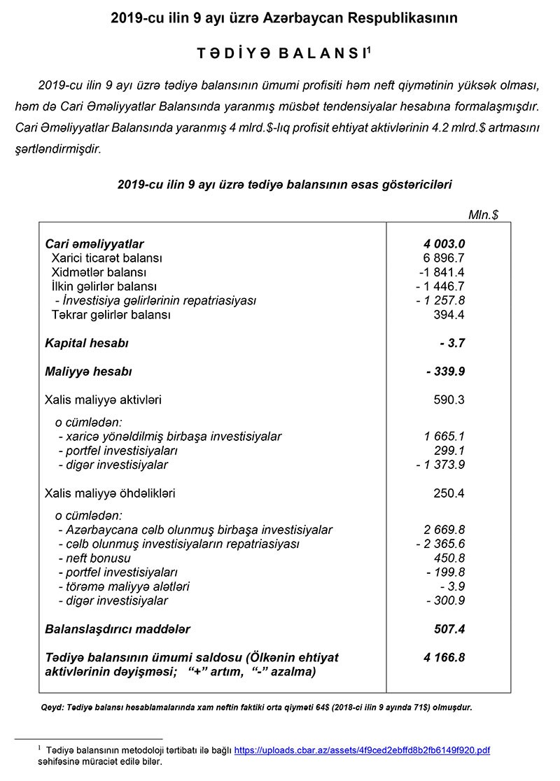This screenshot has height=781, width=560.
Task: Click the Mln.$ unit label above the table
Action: pyautogui.click(x=483, y=215)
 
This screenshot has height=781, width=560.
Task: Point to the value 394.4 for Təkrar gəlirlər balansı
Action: pyautogui.click(x=449, y=315)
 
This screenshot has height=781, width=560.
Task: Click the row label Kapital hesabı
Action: pyautogui.click(x=86, y=344)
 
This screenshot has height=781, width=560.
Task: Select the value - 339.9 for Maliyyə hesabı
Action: pyautogui.click(x=445, y=372)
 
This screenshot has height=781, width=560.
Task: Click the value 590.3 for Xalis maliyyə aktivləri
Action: pyautogui.click(x=449, y=400)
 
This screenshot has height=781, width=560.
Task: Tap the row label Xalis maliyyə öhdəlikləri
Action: pyautogui.click(x=110, y=493)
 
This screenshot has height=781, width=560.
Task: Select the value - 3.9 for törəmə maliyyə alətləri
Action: pyautogui.click(x=453, y=586)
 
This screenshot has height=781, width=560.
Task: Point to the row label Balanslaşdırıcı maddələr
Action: pyautogui.click(x=117, y=629)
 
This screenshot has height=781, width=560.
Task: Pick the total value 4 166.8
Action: pyautogui.click(x=444, y=657)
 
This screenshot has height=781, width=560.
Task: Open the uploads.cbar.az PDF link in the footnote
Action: pyautogui.click(x=361, y=750)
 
